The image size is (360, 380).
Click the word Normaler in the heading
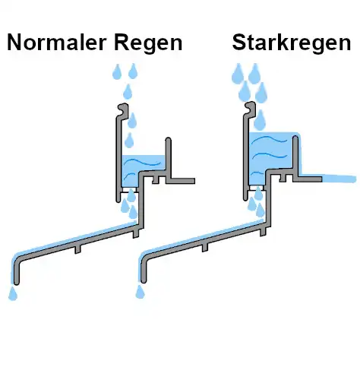tap(56, 43)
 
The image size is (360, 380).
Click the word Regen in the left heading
tap(148, 43)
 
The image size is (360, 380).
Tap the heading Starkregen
tap(292, 43)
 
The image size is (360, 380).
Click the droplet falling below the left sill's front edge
tap(13, 293)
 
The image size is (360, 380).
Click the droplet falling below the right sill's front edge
tap(140, 292)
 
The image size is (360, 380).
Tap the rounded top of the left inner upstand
tap(168, 141)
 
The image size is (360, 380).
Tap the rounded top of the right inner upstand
tap(295, 139)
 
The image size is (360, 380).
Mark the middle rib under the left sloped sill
tap(77, 249)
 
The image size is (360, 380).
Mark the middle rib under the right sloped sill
tap(205, 248)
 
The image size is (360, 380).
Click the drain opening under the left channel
tap(129, 190)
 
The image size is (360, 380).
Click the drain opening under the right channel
tap(256, 188)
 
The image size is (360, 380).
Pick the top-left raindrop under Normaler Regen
tap(117, 72)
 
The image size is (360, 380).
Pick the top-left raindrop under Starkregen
tap(238, 74)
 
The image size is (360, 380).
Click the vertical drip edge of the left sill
tap(17, 272)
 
